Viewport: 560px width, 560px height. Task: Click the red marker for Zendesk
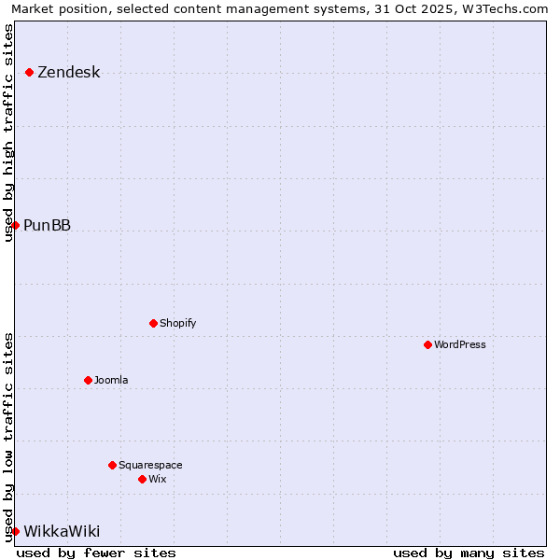pos(30,73)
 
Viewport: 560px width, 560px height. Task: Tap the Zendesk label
pos(68,73)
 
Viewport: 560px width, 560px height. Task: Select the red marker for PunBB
pos(15,225)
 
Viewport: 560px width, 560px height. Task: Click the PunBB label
pos(47,225)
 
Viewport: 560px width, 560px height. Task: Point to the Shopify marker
pos(153,324)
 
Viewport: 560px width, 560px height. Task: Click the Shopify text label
pos(177,324)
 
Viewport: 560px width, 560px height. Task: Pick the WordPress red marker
pos(427,344)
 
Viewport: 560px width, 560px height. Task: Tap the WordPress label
pos(459,344)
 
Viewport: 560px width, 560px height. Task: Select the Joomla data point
pos(88,380)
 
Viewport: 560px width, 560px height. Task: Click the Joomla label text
pos(111,380)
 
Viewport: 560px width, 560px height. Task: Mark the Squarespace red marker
pos(112,465)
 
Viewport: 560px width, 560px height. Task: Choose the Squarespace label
pos(150,465)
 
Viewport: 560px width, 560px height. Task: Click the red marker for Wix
pos(142,479)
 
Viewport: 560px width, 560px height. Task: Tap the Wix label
pos(157,479)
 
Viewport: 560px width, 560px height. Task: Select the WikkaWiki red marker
pos(15,531)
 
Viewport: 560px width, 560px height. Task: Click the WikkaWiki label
pos(62,531)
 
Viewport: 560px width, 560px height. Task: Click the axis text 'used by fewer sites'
pos(96,553)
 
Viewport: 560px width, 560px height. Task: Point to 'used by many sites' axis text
pos(469,553)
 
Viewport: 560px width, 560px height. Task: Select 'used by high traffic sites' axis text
pos(8,133)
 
